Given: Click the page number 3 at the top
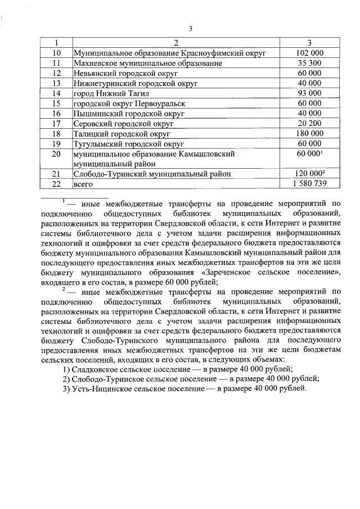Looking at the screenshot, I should pos(191,29).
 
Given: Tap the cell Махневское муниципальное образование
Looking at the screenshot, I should pos(148,64).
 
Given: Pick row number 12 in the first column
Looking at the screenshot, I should pos(56,74).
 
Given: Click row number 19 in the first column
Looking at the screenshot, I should pos(56,144).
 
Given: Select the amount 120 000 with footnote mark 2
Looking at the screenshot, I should pos(309,174).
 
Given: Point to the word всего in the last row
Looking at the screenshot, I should pos(83,184).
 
